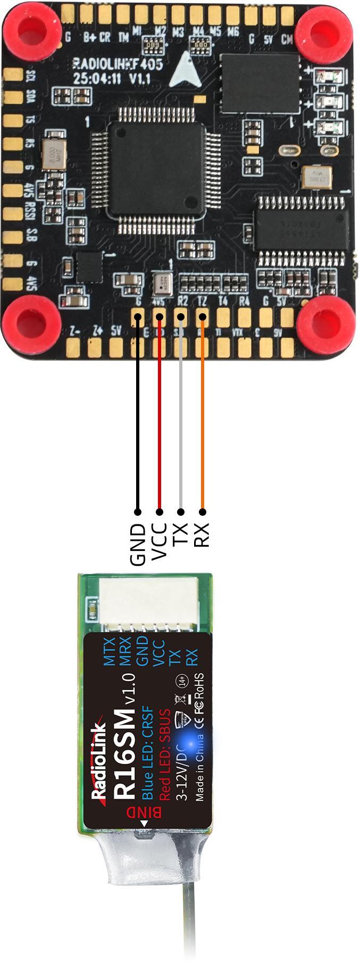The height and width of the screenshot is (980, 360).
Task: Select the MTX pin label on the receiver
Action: [109, 651]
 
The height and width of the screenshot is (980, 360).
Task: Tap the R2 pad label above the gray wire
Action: [182, 301]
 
